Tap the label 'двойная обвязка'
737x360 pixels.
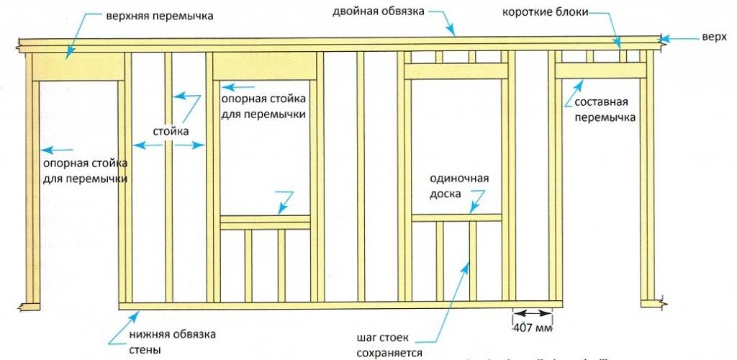coord(379,12)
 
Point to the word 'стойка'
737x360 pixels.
coord(171,132)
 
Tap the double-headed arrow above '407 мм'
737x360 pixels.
coord(532,313)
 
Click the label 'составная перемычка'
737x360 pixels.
coord(605,109)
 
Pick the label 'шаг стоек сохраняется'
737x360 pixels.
coord(387,345)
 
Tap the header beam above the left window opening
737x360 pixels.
coord(265,67)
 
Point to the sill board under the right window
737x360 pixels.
coord(456,217)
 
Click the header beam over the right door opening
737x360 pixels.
coord(600,69)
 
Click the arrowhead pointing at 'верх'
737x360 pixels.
coord(666,38)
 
